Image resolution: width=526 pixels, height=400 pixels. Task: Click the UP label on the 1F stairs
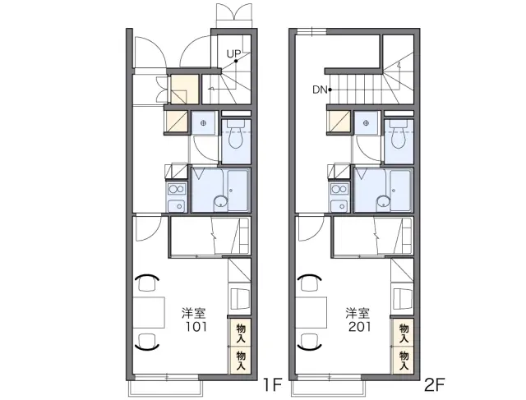point(233,53)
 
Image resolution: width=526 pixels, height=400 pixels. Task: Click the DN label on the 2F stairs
point(320,90)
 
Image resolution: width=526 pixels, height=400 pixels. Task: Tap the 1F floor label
point(272,385)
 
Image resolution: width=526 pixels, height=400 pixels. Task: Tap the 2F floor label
point(435,385)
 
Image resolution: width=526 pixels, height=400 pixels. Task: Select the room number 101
point(196,326)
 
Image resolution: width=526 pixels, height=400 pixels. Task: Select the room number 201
point(360,326)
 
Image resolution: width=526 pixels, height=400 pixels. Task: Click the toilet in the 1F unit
point(236,134)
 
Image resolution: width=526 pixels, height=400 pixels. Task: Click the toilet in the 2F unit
point(399,134)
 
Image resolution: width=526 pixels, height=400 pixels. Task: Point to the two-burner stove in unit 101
point(177,189)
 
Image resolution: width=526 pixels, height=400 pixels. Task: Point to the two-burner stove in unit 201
point(339,189)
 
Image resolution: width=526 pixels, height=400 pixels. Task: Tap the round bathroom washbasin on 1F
point(221,202)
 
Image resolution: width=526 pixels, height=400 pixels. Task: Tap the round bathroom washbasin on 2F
point(384,202)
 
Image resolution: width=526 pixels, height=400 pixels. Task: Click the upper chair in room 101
point(147,283)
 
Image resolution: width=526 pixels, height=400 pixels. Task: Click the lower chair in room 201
point(310,342)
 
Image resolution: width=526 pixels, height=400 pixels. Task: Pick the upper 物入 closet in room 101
point(240,333)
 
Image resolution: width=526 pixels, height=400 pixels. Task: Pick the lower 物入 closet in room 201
point(404,361)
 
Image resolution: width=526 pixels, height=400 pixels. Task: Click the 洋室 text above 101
point(194,313)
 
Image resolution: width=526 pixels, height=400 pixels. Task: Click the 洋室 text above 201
point(358,313)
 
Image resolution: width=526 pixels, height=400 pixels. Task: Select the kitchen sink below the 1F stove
point(177,205)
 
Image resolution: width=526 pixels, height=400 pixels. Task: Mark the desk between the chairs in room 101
point(149,312)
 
